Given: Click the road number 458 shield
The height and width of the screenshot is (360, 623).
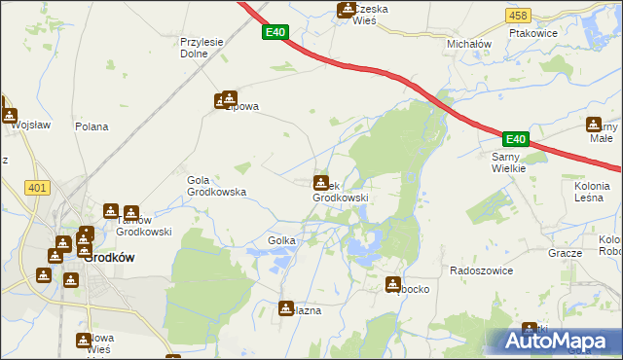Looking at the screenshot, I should tap(518, 16).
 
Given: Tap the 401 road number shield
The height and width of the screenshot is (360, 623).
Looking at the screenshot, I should tap(38, 188).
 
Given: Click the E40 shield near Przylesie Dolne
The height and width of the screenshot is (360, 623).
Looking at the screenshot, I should tap(275, 33).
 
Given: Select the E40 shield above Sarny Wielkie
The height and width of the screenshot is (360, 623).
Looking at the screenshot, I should tap(515, 139).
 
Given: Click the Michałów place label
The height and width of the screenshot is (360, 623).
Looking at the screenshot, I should tap(469, 45).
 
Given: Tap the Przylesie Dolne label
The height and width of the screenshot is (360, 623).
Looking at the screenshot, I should tap(202, 48).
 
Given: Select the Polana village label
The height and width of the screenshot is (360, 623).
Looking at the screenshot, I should tap(92, 126).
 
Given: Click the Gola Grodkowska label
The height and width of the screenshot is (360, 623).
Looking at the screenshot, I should tap(216, 186).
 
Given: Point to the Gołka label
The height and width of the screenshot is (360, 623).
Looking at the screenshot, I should tap(281, 240).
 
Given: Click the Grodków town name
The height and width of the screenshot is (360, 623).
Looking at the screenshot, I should tap(108, 258).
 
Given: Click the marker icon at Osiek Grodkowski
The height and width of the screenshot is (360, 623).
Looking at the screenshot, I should tap(320, 182).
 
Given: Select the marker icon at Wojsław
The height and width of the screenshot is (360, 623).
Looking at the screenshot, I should tap(10, 114).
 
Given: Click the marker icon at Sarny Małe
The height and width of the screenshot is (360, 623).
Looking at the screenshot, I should tap(594, 124).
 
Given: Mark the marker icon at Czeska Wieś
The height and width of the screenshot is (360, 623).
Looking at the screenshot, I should tap(345, 10).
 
